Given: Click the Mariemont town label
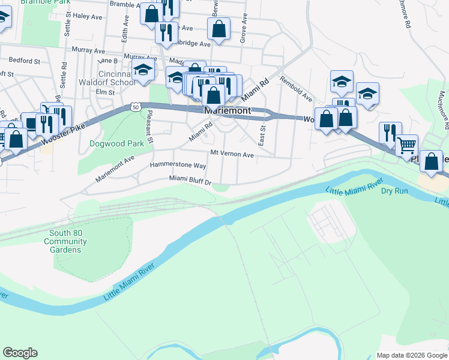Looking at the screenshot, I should tap(227, 112).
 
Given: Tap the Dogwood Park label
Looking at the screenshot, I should tap(117, 144).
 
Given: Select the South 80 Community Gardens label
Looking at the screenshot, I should tap(68, 242).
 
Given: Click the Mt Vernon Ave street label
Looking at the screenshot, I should tap(232, 154).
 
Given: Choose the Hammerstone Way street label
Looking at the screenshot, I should tap(178, 165).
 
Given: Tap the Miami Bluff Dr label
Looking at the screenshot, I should tap(190, 179).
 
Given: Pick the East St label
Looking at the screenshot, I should tap(262, 135).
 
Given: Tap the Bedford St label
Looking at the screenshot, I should tap(24, 61).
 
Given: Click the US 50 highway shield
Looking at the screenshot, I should tap(136, 106).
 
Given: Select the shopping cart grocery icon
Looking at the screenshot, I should tap(407, 144).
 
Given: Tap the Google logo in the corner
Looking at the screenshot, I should tap(20, 353).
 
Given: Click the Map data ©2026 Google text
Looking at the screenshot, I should tap(411, 355).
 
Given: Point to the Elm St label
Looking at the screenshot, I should tap(105, 92).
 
